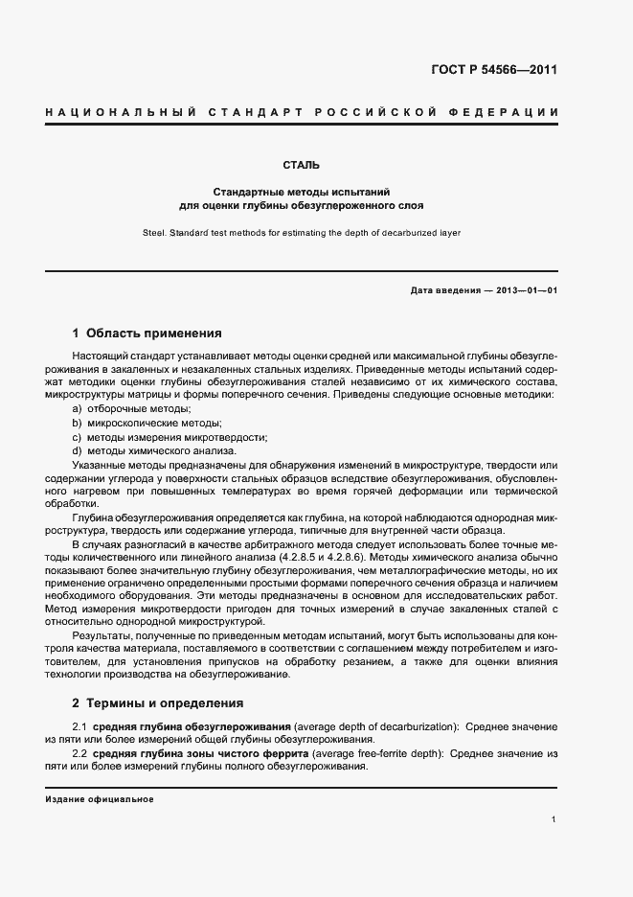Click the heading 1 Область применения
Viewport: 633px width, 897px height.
(147, 333)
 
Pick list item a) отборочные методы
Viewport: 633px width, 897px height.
(131, 409)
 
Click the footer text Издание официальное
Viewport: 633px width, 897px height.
(100, 799)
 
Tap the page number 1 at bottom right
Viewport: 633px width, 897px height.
(554, 819)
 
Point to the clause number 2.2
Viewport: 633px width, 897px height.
(80, 755)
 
